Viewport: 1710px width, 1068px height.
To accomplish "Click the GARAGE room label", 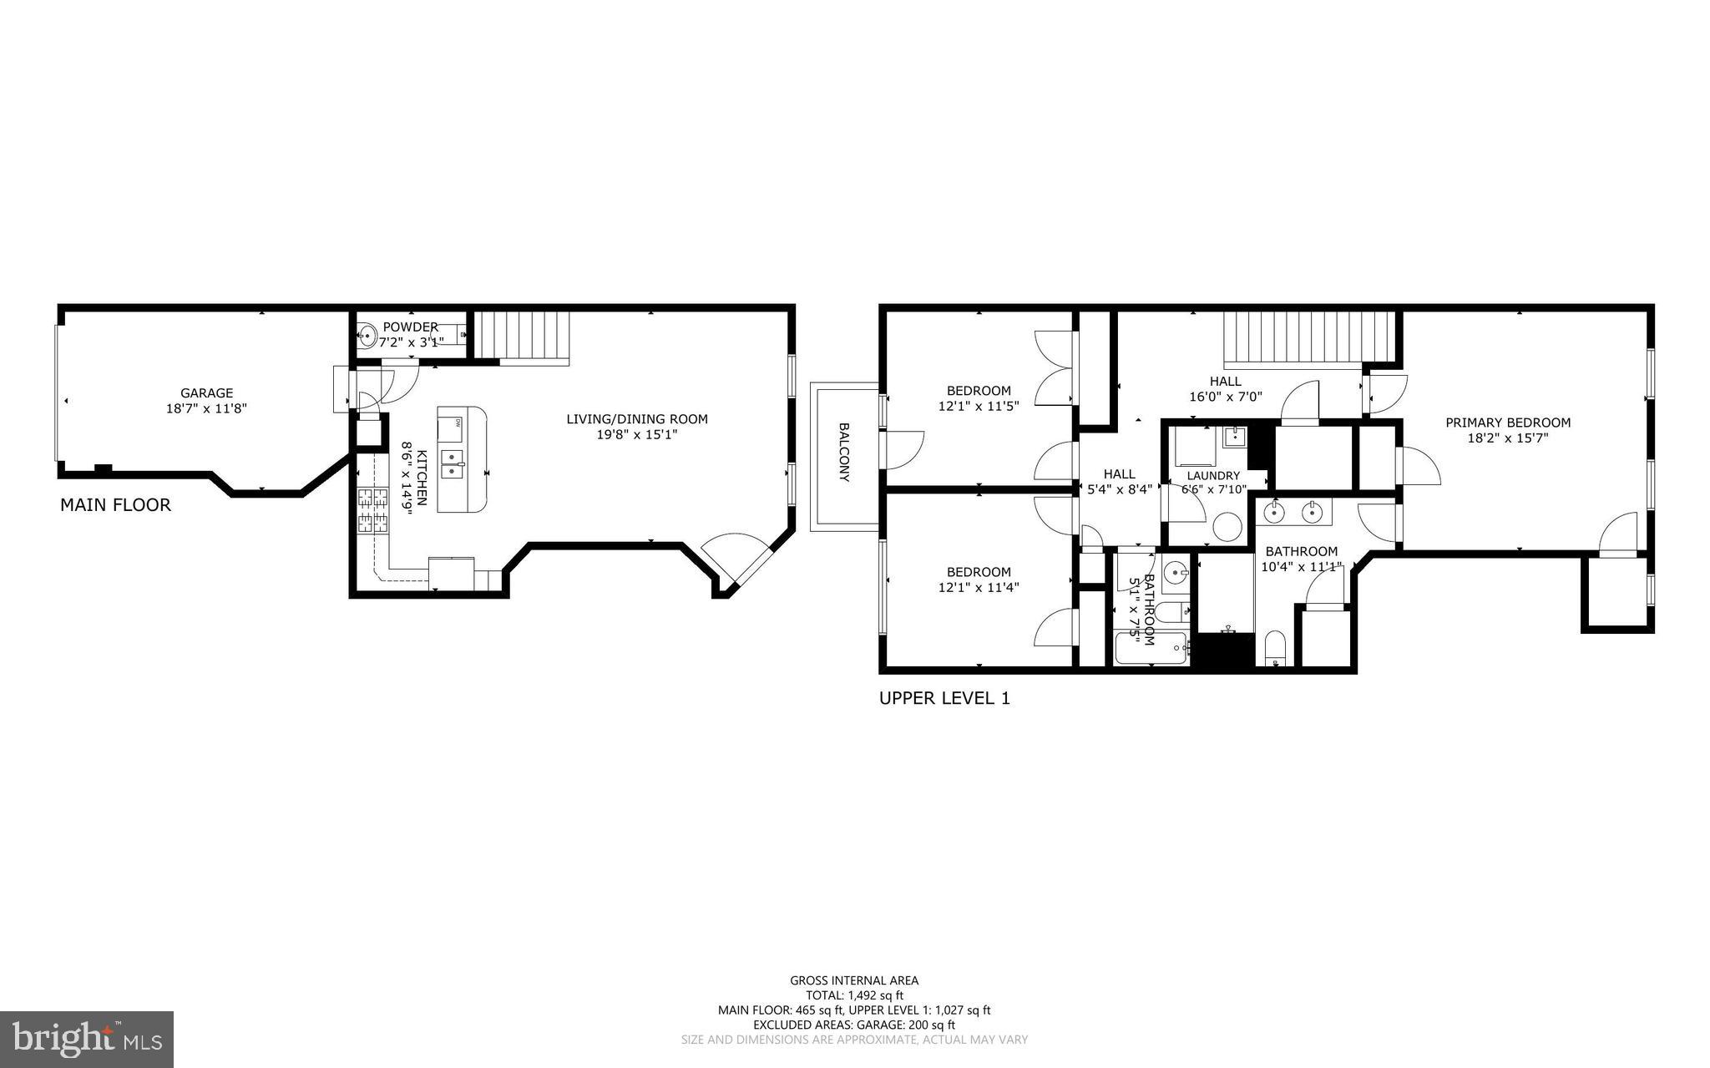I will (x=206, y=393).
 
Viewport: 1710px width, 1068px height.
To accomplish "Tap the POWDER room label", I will (x=410, y=326).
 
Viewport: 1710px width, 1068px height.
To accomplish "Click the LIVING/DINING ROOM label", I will (x=636, y=419).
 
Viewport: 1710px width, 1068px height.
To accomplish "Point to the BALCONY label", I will (x=844, y=452).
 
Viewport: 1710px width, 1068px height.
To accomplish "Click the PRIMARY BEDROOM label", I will (x=1507, y=423).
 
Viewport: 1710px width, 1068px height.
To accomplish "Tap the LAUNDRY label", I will (x=1213, y=476).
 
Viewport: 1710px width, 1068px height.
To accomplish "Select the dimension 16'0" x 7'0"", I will (x=1225, y=397).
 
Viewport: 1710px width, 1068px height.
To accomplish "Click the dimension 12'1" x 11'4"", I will (x=978, y=587).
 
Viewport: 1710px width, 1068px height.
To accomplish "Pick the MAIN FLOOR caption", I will (x=115, y=505).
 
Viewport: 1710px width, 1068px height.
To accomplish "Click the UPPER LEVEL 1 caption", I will (x=944, y=699).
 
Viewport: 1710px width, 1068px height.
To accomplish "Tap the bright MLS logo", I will (x=87, y=1039).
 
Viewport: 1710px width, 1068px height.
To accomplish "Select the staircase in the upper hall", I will (x=1308, y=339).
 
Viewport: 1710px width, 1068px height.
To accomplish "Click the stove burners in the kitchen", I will (x=373, y=510).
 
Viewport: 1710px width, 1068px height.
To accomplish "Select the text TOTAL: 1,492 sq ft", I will (x=854, y=995).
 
